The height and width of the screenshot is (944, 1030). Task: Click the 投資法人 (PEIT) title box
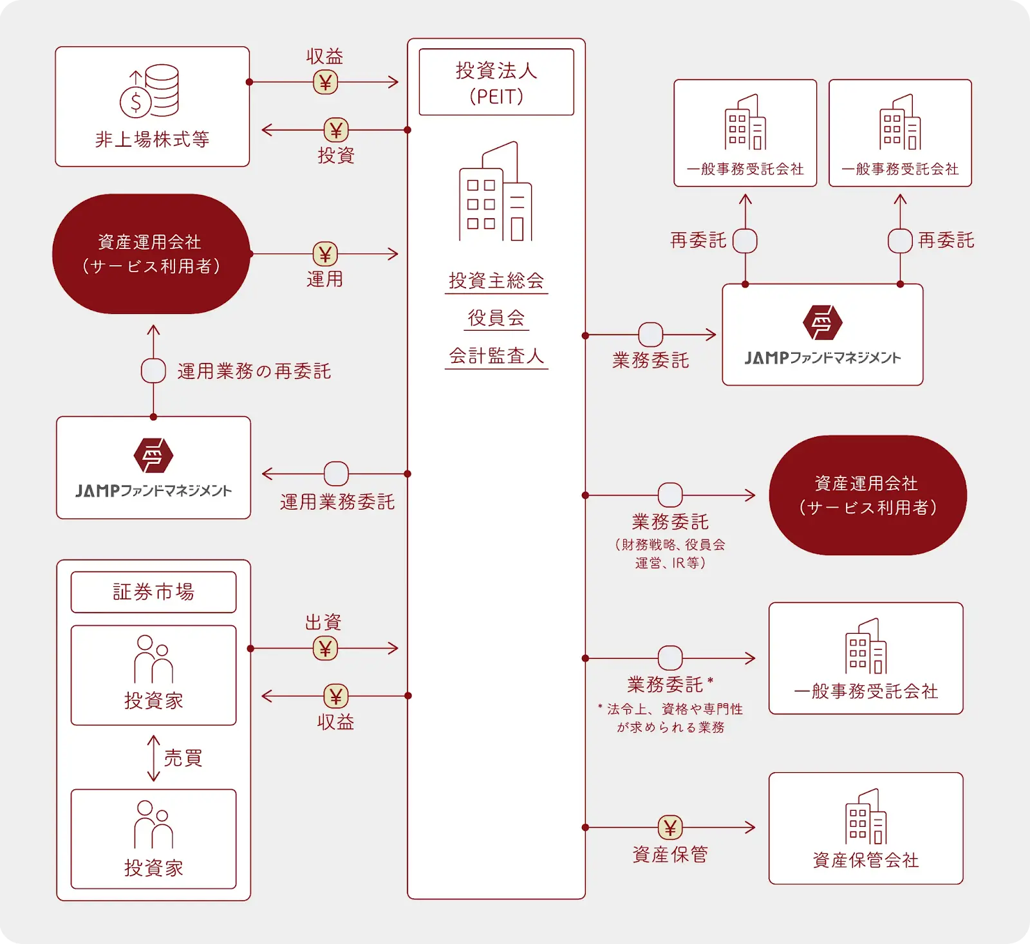point(496,82)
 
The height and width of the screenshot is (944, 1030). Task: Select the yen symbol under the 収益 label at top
point(325,82)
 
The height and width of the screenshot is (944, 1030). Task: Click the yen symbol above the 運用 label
point(325,254)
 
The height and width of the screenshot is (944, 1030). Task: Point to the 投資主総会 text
point(496,281)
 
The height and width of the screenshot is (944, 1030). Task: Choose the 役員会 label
point(496,318)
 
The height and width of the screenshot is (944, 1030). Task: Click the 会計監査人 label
point(496,356)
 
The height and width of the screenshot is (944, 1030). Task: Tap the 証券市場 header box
point(153,592)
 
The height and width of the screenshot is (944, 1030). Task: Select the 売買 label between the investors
point(183,758)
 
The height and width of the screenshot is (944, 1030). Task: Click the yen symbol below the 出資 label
point(325,649)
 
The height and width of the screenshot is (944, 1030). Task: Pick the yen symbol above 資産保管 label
point(670,828)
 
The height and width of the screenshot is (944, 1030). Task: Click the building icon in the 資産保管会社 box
point(866,817)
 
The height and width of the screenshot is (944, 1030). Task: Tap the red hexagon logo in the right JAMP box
point(822,322)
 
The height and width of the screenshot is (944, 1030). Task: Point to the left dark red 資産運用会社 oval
point(151,254)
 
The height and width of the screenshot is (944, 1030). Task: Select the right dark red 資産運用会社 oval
point(868,495)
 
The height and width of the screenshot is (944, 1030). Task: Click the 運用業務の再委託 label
point(254,371)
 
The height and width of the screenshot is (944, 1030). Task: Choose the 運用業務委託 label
point(337,502)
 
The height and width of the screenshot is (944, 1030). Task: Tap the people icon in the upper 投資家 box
point(153,659)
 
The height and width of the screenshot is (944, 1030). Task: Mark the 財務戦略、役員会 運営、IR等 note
point(670,553)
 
